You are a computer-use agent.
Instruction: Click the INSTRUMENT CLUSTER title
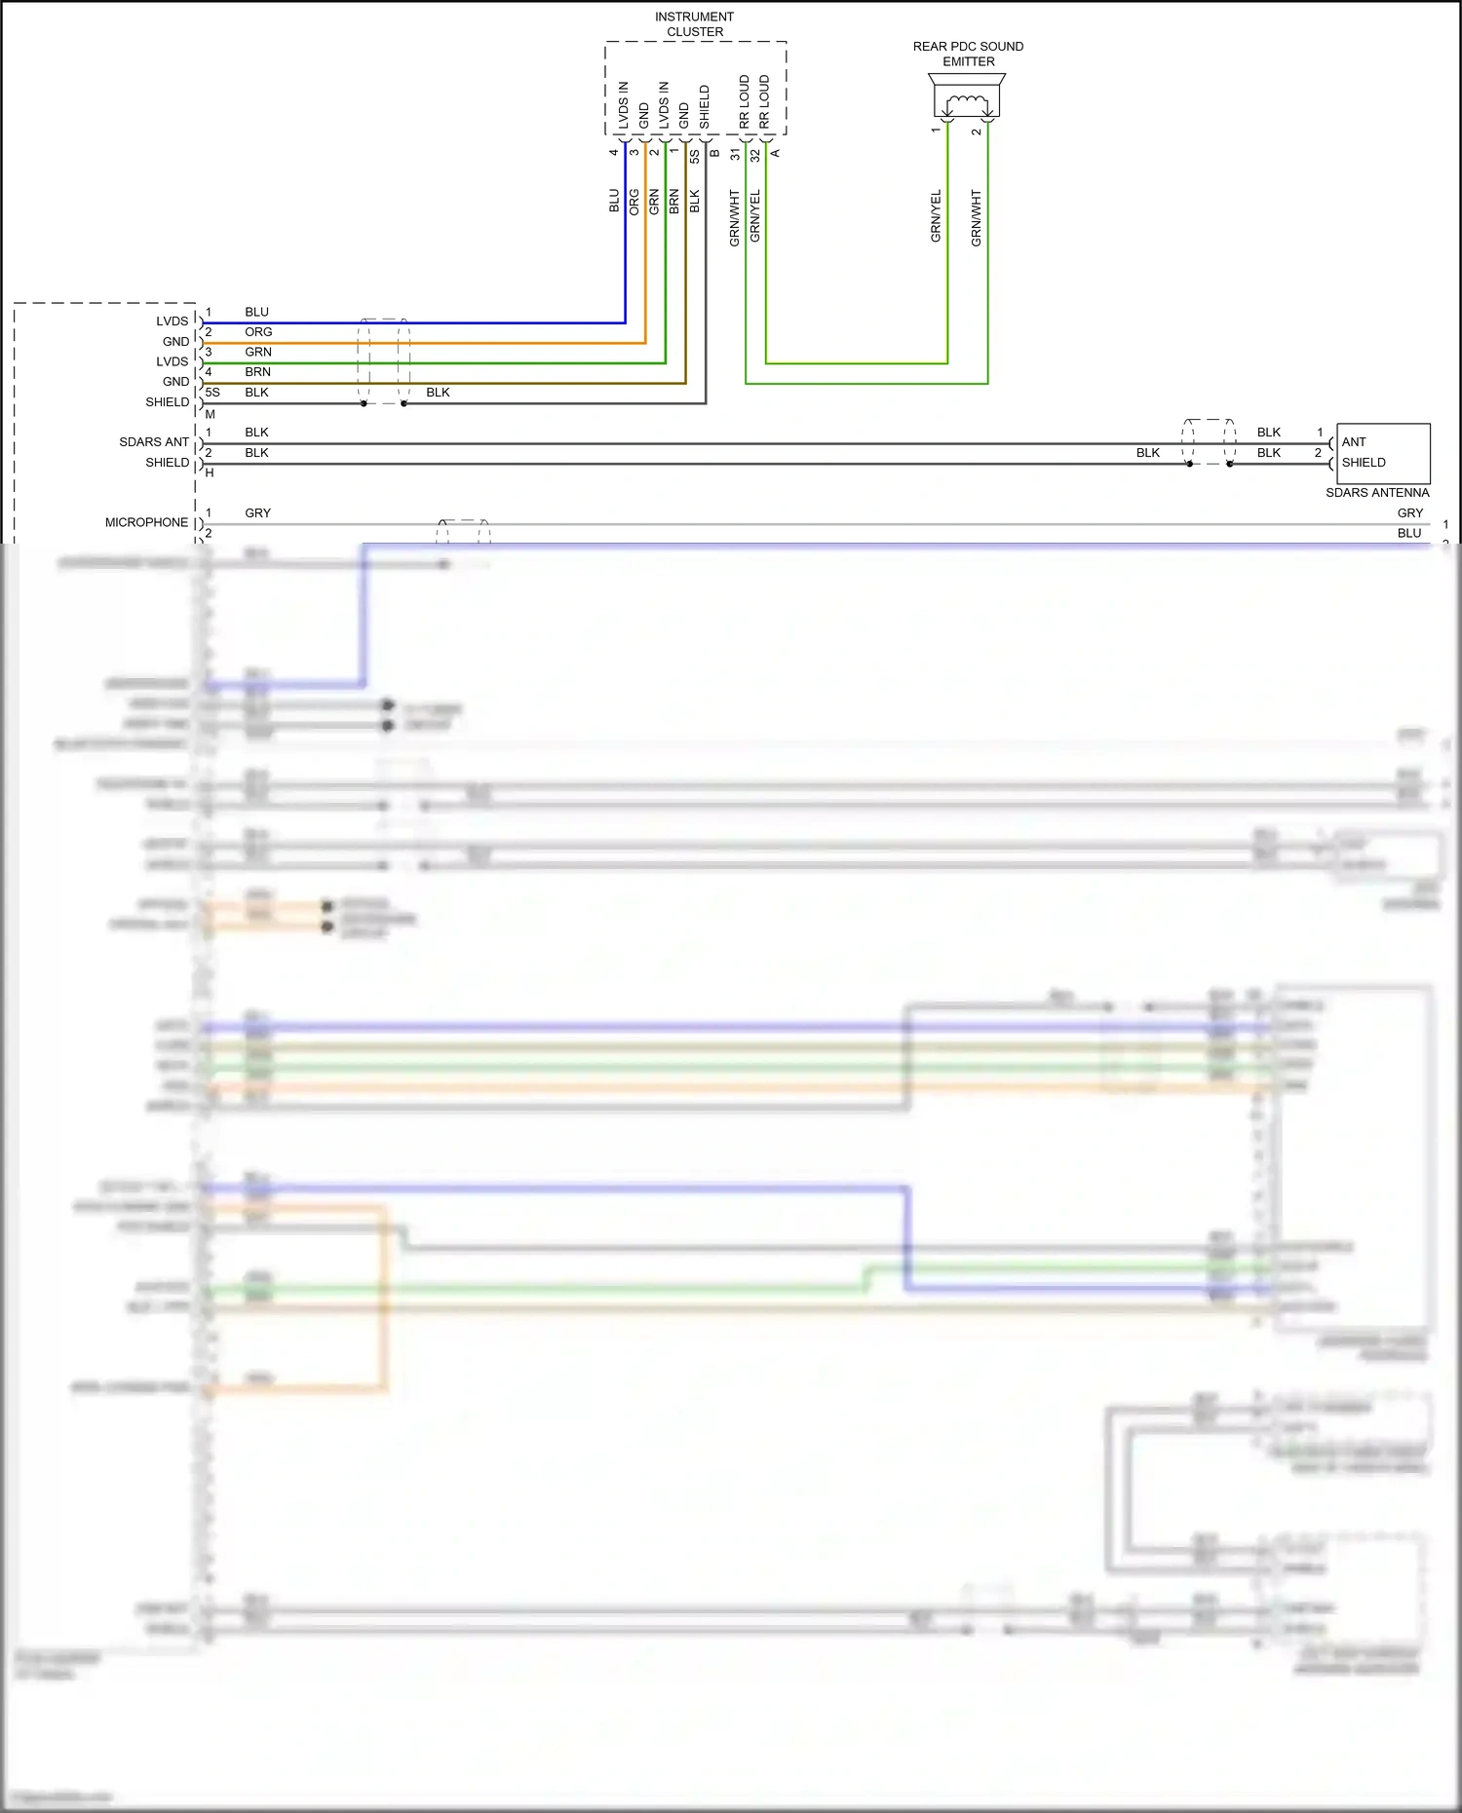pyautogui.click(x=694, y=24)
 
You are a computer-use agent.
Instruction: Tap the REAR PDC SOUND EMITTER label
pyautogui.click(x=968, y=54)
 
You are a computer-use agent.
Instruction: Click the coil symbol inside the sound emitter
pyautogui.click(x=967, y=102)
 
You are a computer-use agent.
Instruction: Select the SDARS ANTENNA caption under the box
pyautogui.click(x=1376, y=493)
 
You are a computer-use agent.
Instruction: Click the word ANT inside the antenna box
pyautogui.click(x=1354, y=442)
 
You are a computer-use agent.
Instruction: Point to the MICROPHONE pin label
pyautogui.click(x=146, y=523)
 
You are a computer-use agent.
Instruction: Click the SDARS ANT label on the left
pyautogui.click(x=154, y=442)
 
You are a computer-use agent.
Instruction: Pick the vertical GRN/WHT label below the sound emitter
pyautogui.click(x=976, y=218)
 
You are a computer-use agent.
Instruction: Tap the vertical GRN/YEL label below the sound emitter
pyautogui.click(x=936, y=216)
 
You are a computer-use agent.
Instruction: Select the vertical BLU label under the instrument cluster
pyautogui.click(x=614, y=202)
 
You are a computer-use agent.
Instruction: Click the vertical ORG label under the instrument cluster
pyautogui.click(x=635, y=203)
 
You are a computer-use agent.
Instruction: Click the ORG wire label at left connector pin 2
pyautogui.click(x=258, y=332)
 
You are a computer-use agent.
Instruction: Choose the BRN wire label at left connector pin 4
pyautogui.click(x=257, y=372)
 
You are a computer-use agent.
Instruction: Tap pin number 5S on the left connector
pyautogui.click(x=212, y=393)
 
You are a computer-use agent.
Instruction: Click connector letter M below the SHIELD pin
pyautogui.click(x=210, y=414)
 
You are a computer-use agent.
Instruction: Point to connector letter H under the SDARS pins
pyautogui.click(x=210, y=473)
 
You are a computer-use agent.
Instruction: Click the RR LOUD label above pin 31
pyautogui.click(x=745, y=102)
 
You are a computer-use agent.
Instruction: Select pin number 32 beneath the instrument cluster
pyautogui.click(x=755, y=155)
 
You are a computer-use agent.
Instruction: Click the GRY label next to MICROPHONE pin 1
pyautogui.click(x=257, y=513)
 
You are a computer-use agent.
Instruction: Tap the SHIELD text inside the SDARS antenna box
pyautogui.click(x=1363, y=463)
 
